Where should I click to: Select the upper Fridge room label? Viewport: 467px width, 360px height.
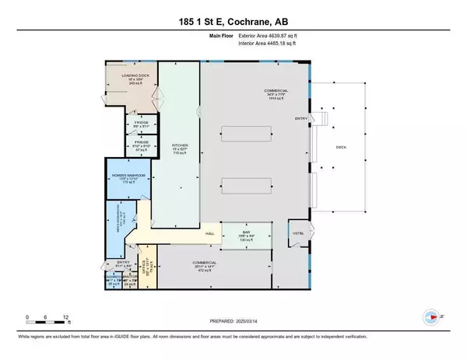141,124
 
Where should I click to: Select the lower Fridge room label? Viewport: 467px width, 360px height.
142,145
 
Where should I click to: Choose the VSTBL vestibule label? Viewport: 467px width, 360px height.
297,232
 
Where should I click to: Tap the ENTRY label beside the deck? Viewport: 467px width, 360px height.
300,118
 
